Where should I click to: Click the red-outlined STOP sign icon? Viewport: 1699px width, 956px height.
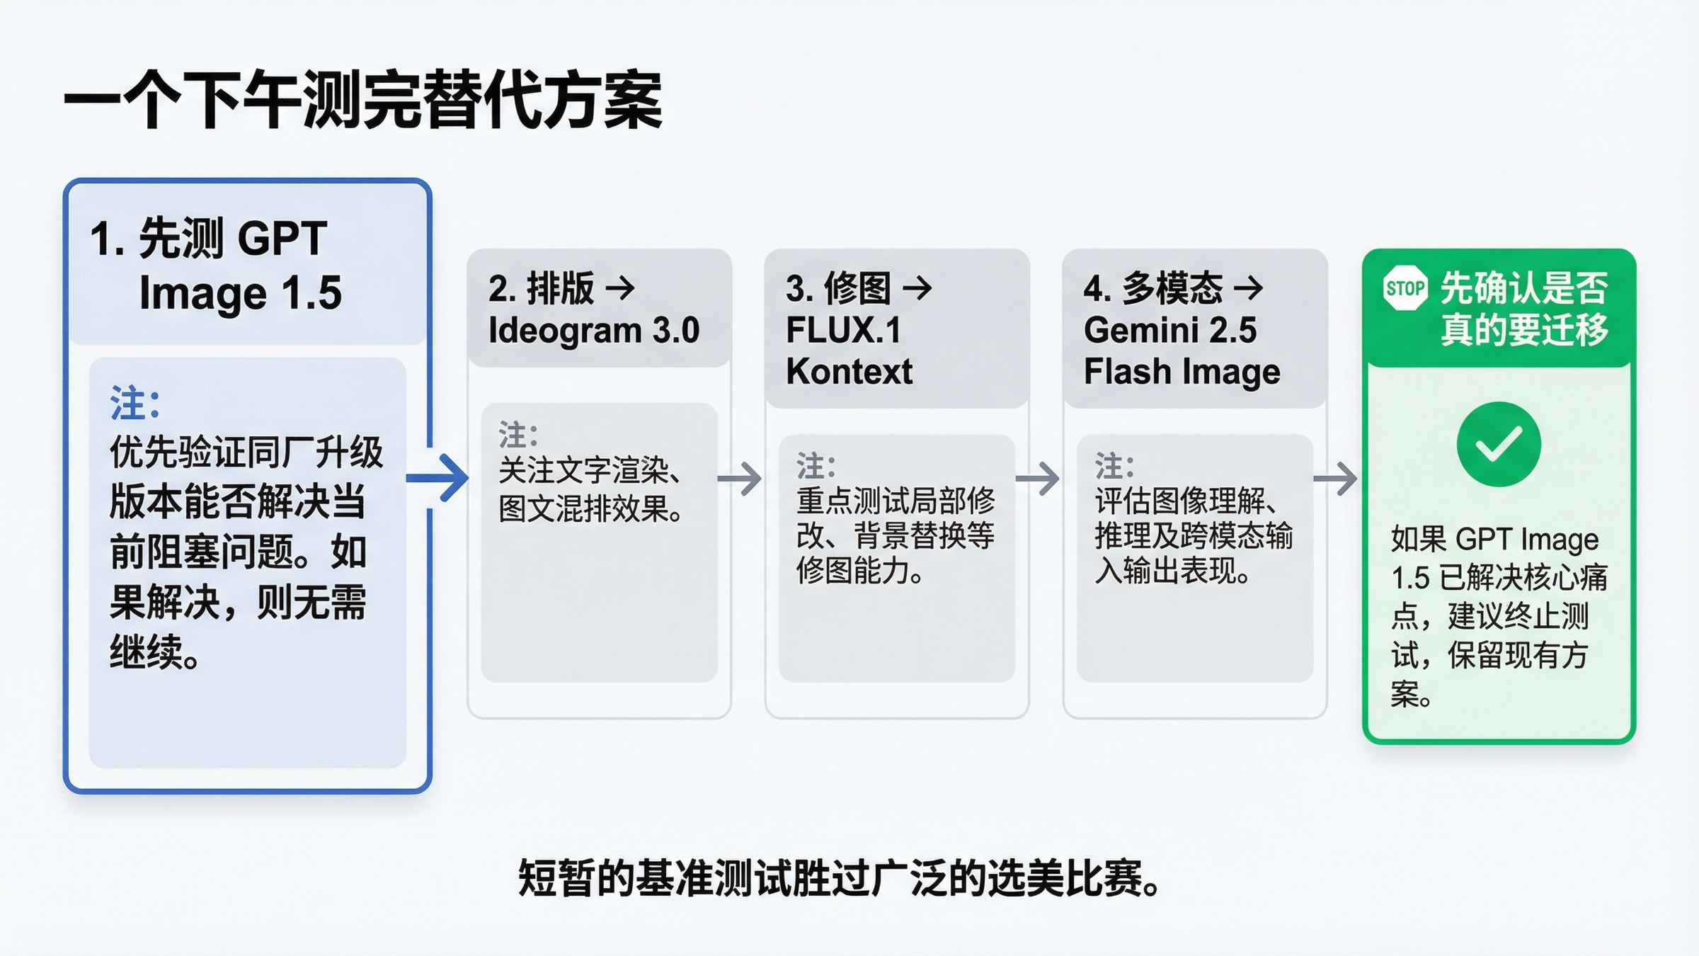click(x=1405, y=288)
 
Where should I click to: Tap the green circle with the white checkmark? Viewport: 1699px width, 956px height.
click(x=1499, y=444)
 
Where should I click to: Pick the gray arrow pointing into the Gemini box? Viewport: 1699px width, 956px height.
click(x=1038, y=479)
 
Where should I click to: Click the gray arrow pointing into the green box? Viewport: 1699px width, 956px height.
click(x=1336, y=479)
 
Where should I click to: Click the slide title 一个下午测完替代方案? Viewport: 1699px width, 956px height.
click(x=363, y=101)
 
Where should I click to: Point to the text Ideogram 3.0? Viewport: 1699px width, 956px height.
click(x=594, y=330)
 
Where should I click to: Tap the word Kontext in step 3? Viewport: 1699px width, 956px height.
click(x=849, y=372)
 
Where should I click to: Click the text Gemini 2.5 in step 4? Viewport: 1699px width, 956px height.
click(x=1169, y=330)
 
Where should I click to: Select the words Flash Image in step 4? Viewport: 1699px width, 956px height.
click(x=1182, y=372)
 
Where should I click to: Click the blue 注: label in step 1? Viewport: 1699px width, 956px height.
click(x=135, y=404)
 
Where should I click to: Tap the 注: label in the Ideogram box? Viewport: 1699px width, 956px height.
click(x=518, y=435)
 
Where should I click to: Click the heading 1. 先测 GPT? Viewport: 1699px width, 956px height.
click(x=209, y=238)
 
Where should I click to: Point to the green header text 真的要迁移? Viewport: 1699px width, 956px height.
click(x=1524, y=329)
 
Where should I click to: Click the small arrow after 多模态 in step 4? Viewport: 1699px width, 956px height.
click(x=1248, y=288)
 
